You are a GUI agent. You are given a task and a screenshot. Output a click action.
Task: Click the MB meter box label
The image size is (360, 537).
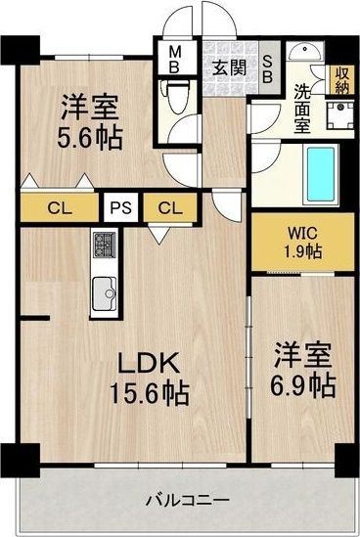tap(174, 60)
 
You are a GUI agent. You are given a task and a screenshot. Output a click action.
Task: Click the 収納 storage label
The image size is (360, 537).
tap(341, 80)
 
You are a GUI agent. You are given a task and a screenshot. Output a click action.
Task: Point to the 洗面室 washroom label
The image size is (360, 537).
tap(302, 109)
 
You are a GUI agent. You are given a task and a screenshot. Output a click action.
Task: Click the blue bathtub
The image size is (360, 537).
tap(321, 174)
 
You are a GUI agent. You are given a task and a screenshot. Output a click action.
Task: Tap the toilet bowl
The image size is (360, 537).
tap(176, 97)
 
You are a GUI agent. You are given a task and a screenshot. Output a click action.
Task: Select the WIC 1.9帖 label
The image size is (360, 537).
tap(303, 244)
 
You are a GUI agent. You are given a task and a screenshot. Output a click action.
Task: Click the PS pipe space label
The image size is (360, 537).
tap(121, 207)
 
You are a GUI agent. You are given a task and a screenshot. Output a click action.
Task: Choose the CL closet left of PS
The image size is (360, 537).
tap(60, 207)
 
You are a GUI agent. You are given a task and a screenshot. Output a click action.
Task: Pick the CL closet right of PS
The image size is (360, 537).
tap(170, 207)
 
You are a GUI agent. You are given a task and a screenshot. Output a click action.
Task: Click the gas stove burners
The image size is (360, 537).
tap(104, 245)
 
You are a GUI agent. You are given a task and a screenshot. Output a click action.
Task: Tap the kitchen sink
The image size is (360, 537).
tap(104, 293)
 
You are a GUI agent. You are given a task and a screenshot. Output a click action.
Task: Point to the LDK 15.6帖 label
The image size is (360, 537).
tap(149, 379)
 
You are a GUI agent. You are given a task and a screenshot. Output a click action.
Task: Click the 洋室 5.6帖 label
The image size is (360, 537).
tap(90, 122)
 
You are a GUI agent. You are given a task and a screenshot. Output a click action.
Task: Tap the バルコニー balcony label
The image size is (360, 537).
tap(188, 501)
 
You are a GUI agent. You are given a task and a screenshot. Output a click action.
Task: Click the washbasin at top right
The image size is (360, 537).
tap(305, 52)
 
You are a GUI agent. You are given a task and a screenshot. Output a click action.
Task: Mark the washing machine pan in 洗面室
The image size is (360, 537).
tap(339, 115)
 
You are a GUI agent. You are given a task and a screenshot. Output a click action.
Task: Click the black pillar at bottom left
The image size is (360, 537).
tap(21, 460)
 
